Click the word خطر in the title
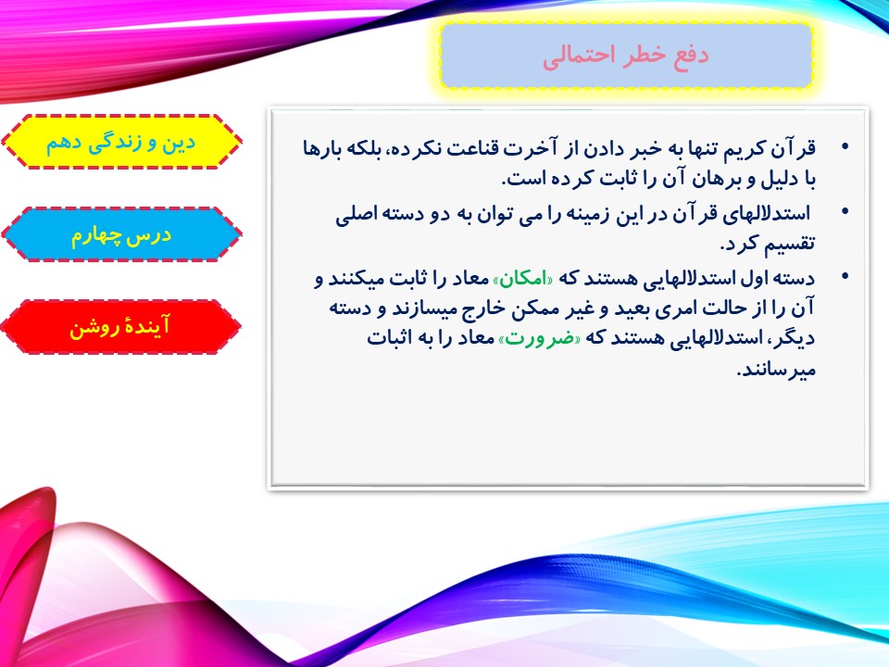[645, 56]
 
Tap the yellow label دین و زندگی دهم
[120, 143]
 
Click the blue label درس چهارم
[120, 234]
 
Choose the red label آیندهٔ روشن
[120, 327]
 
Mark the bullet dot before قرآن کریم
[845, 147]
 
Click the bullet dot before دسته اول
[845, 276]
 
